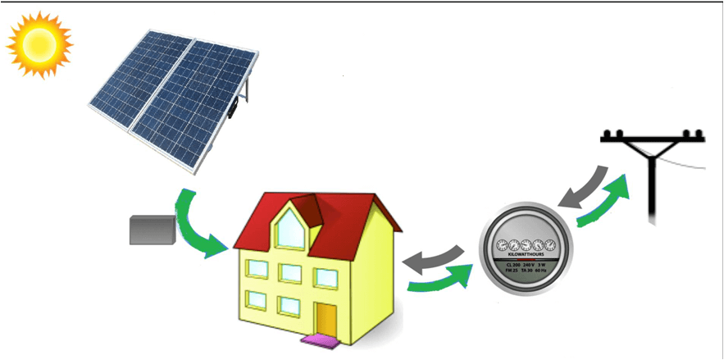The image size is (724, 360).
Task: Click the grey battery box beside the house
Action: (x=153, y=230)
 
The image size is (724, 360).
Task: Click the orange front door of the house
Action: (x=326, y=320)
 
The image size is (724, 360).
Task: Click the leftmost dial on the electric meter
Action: (x=503, y=244)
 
